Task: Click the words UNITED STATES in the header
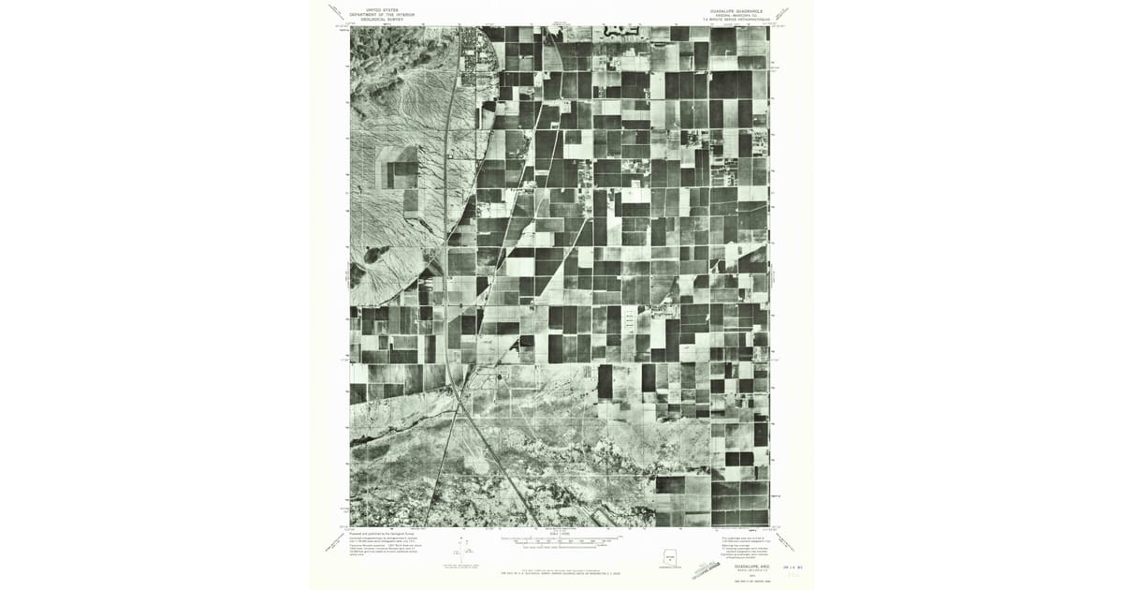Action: click(381, 9)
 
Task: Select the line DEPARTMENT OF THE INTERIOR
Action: click(381, 14)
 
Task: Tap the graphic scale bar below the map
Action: click(560, 541)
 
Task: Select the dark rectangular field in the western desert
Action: click(404, 173)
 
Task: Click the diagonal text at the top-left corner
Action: click(337, 11)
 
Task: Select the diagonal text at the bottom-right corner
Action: click(784, 541)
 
